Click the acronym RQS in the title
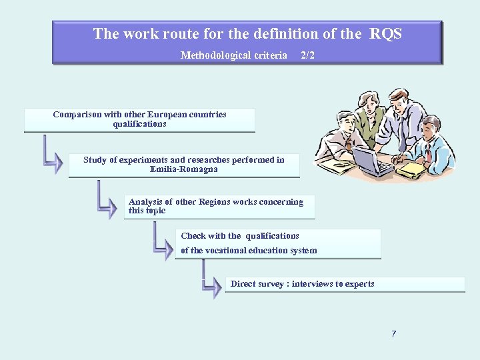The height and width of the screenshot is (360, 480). point(387,33)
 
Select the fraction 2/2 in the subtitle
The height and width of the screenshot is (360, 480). point(307,55)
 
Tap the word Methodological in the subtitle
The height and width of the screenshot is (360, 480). point(212,55)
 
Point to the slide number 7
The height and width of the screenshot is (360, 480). point(393,334)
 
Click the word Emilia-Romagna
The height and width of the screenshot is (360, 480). point(184,169)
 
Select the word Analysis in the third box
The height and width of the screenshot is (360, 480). point(145,202)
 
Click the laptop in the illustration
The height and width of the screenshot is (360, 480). point(371,161)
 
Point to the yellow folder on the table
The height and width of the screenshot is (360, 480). point(411,170)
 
